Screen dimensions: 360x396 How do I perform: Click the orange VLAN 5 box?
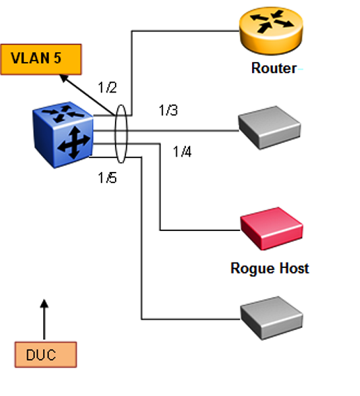pyautogui.click(x=41, y=59)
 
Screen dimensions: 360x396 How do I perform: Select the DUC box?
pyautogui.click(x=46, y=354)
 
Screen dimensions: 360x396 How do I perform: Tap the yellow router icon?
pyautogui.click(x=271, y=31)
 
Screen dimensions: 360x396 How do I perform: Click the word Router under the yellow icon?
pyautogui.click(x=274, y=68)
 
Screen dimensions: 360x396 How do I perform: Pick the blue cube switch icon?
pyautogui.click(x=63, y=135)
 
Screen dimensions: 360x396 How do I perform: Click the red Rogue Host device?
pyautogui.click(x=272, y=228)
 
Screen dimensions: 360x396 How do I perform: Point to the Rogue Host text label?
pyautogui.click(x=269, y=268)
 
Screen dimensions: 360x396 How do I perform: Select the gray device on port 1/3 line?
pyautogui.click(x=269, y=128)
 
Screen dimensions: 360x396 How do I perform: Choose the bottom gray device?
pyautogui.click(x=272, y=318)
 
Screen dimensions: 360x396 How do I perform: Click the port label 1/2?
pyautogui.click(x=107, y=88)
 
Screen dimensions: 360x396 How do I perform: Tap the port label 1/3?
pyautogui.click(x=169, y=111)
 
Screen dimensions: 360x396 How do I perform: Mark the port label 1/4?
pyautogui.click(x=182, y=152)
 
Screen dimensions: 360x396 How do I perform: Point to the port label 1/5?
pyautogui.click(x=107, y=177)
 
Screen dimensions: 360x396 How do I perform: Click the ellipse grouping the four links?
pyautogui.click(x=115, y=134)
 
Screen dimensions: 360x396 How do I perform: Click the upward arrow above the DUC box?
pyautogui.click(x=44, y=319)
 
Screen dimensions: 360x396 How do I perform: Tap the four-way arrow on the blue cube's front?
pyautogui.click(x=74, y=143)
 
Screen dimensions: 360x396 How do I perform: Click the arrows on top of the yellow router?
pyautogui.click(x=271, y=22)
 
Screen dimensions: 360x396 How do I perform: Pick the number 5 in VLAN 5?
pyautogui.click(x=57, y=58)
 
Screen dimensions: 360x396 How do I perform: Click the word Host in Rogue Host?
pyautogui.click(x=294, y=268)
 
